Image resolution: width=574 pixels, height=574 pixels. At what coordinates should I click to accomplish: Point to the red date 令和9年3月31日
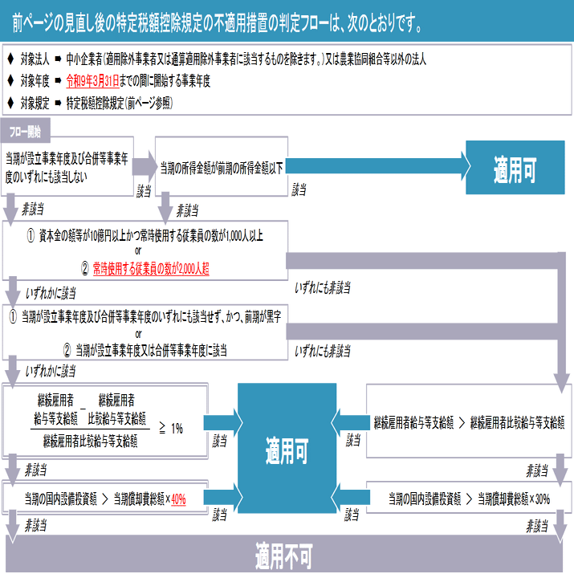[x=93, y=81]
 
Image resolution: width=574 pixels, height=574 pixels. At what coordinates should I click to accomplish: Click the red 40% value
[x=178, y=499]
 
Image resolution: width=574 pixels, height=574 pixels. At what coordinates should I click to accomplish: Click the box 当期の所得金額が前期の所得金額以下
[x=221, y=168]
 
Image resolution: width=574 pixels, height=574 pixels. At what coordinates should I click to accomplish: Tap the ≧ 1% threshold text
[x=170, y=429]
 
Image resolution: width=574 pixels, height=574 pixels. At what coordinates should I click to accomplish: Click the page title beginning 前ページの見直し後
[x=217, y=25]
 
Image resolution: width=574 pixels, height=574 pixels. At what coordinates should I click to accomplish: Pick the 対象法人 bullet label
[x=35, y=59]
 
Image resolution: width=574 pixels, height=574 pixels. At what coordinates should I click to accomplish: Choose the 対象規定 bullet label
[x=35, y=104]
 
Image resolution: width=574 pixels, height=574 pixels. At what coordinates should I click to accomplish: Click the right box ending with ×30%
[x=469, y=499]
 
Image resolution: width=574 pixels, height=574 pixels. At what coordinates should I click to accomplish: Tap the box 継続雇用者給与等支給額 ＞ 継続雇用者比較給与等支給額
[x=469, y=421]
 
